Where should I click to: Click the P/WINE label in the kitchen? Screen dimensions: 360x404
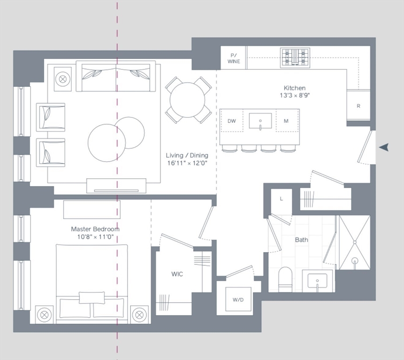pos(234,58)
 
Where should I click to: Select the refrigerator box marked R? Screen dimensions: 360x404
pos(358,106)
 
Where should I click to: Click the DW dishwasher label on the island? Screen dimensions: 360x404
pos(232,121)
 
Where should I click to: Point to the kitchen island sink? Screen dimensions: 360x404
pos(260,121)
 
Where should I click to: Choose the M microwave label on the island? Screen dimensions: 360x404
pos(286,121)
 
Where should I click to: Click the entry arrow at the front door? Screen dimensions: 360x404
pos(384,147)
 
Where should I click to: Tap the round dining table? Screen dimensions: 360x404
pos(187,100)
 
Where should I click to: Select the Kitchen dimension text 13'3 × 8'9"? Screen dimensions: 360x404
pos(295,95)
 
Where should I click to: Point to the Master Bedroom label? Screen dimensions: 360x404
pos(95,229)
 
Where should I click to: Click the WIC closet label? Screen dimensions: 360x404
pos(177,274)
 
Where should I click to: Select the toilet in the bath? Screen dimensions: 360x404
pos(286,279)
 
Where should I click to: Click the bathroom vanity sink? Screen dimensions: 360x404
pos(317,281)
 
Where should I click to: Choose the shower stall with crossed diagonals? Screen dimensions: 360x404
pos(354,242)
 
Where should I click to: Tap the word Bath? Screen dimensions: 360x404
pos(302,240)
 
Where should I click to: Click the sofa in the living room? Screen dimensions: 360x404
pos(116,76)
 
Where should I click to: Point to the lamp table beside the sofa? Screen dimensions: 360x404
pos(62,78)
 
